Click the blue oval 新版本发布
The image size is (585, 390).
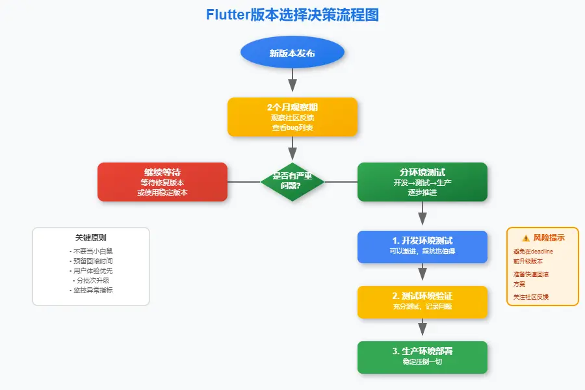coord(292,53)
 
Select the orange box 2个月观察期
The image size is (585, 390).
coord(292,117)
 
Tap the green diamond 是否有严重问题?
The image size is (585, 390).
coord(292,181)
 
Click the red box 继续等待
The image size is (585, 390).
coord(162,181)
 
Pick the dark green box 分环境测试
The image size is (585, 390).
coord(422,181)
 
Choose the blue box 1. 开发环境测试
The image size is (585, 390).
coord(422,246)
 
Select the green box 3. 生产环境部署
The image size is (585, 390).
coord(422,357)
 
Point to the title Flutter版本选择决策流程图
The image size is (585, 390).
coord(292,15)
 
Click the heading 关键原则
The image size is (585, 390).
coord(91,238)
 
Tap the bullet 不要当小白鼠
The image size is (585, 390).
coord(91,251)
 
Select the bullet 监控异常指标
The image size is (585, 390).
coord(91,291)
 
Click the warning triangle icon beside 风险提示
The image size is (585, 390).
coord(525,238)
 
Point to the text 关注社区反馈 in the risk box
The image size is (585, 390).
coord(531,296)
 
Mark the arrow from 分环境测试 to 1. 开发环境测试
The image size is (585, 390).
coord(422,214)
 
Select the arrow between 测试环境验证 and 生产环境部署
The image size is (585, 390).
coord(422,329)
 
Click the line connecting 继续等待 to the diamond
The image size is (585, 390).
coord(244,182)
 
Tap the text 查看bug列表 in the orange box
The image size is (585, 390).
coord(292,128)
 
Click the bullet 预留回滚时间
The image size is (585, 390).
coord(91,261)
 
